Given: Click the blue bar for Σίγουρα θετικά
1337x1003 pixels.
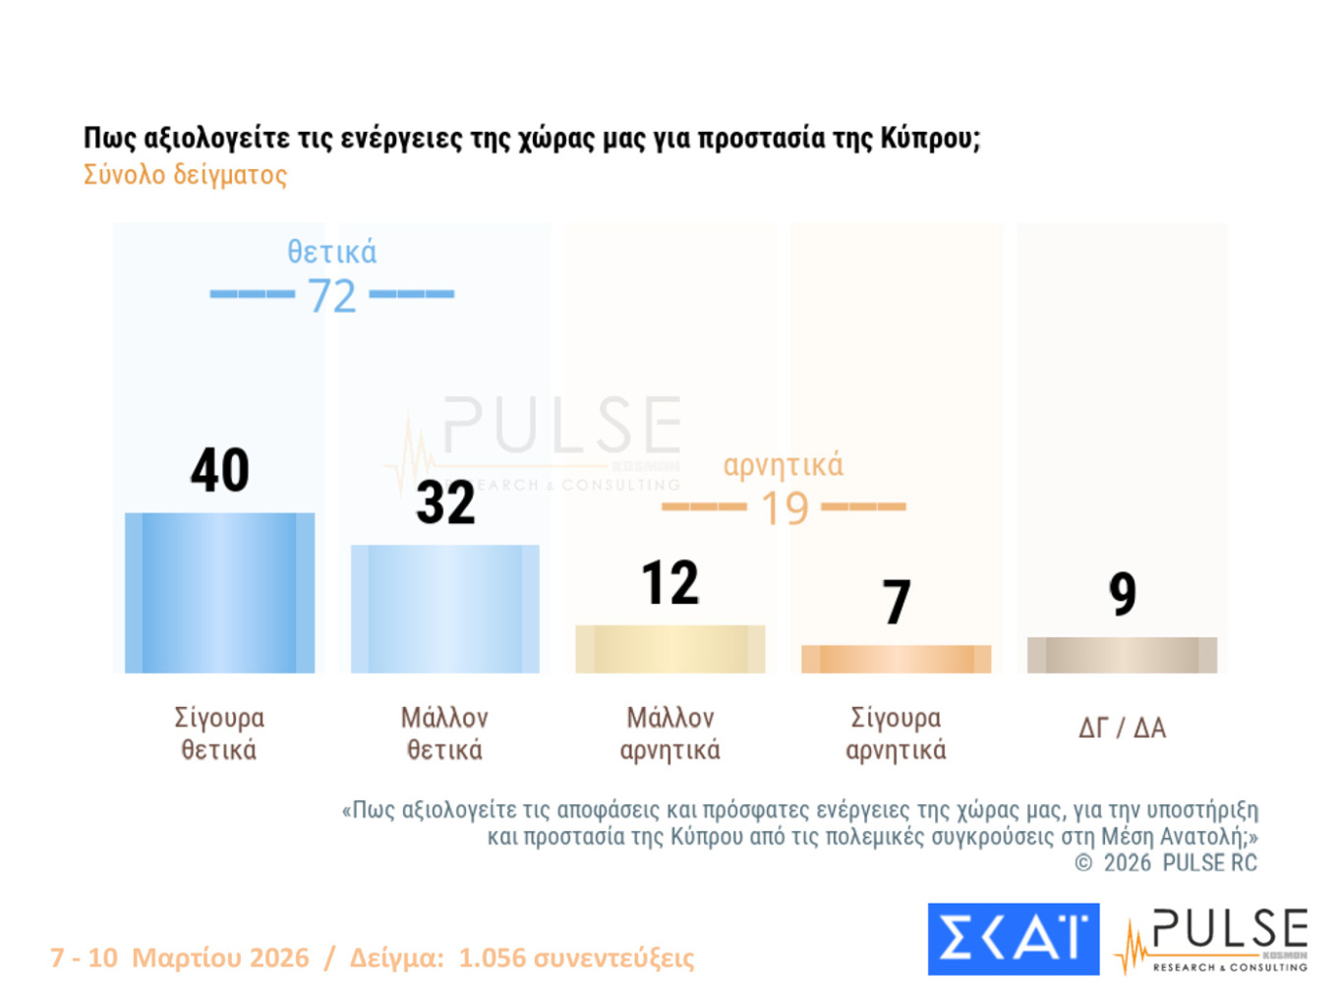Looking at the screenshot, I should tap(219, 593).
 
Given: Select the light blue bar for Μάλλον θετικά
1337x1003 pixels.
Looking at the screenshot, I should tap(444, 609).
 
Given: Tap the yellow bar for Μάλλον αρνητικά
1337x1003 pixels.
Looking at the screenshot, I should tap(669, 649).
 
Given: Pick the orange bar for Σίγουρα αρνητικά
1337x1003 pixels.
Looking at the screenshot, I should tap(896, 659).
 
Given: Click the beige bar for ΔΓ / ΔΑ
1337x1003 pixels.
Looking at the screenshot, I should tap(1122, 655).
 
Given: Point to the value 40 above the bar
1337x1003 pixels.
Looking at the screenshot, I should tap(219, 470).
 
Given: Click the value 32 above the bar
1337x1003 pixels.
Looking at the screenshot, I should tap(445, 502).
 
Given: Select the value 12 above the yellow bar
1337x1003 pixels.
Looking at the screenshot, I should tap(669, 583).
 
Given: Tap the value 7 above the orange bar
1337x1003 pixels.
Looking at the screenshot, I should tap(896, 602).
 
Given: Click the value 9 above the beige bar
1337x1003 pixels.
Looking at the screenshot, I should tap(1122, 594).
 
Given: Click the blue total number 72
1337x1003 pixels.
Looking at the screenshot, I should tap(331, 296).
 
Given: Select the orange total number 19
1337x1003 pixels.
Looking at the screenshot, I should tap(785, 508).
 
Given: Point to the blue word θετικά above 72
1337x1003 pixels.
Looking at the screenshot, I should tap(331, 253).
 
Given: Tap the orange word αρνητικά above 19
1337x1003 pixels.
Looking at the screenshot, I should tap(783, 465).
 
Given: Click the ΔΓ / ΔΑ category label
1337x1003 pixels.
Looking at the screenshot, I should tap(1122, 729).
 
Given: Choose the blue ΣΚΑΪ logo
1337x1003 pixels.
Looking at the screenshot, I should tap(1013, 939).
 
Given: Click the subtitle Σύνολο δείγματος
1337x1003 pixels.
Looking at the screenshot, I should tap(185, 175).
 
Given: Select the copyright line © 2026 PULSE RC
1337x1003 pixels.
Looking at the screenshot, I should tap(1165, 863).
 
